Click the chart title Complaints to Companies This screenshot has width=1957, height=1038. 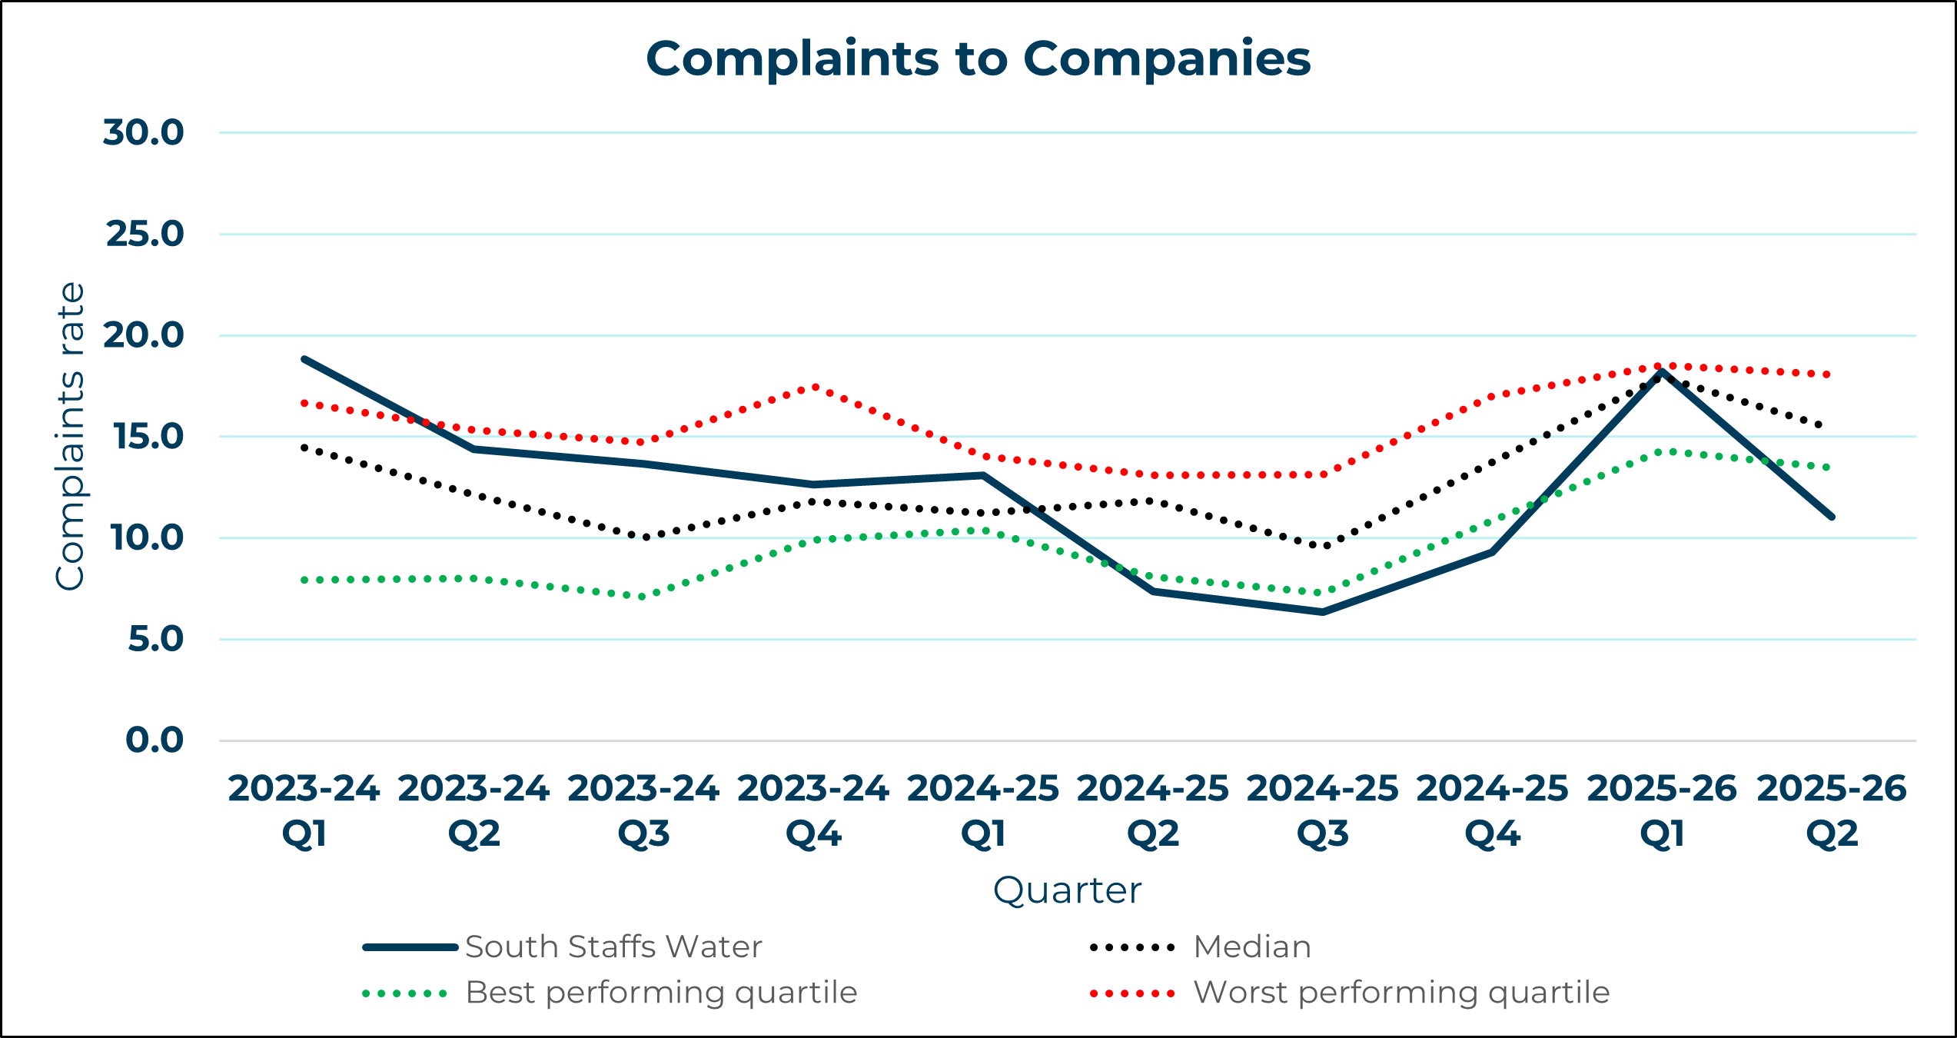[978, 59]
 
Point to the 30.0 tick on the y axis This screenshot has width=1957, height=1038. [144, 132]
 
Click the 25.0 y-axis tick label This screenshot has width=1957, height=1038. [145, 234]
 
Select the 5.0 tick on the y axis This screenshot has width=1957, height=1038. [155, 639]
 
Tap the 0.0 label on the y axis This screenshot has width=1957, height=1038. [154, 740]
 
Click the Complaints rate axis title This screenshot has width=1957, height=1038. [70, 436]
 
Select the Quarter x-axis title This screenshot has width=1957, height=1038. [1067, 890]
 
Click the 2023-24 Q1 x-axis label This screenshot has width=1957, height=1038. [304, 810]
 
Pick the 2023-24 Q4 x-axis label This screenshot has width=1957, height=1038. [813, 810]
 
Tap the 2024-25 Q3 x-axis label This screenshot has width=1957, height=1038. [1322, 810]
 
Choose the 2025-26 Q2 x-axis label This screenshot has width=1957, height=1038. [1832, 810]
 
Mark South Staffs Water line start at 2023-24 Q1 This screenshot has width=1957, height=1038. [305, 359]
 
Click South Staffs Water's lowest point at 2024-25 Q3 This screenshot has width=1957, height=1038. [1323, 612]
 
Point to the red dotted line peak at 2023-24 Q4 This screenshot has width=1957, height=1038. [815, 387]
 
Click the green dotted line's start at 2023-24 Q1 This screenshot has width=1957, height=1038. [305, 581]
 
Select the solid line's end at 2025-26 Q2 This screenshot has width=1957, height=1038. [1832, 517]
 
